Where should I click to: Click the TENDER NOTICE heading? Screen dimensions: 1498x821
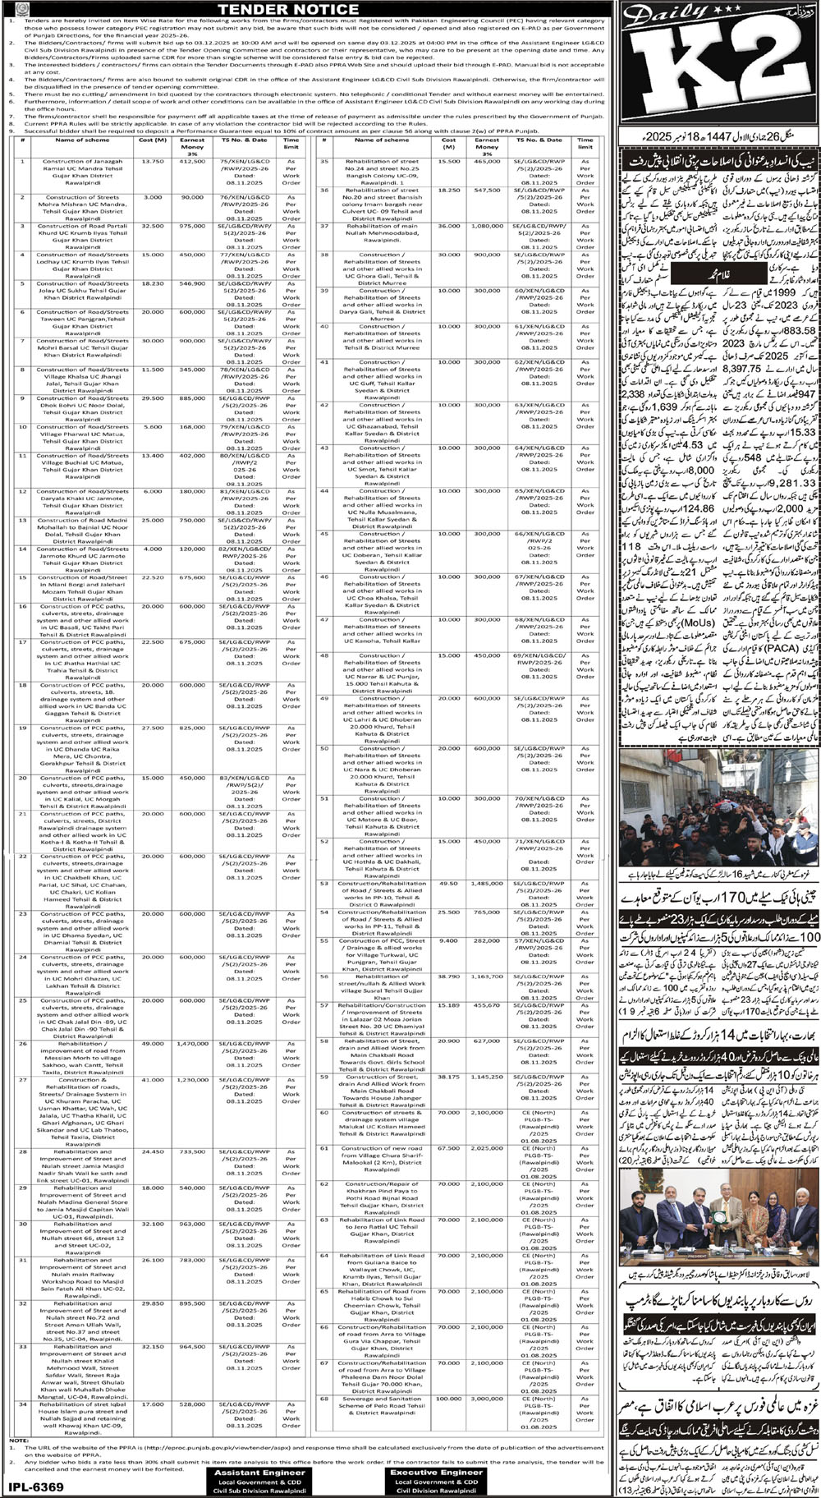[x=309, y=9]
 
